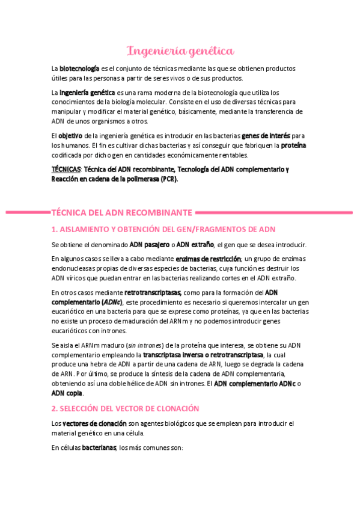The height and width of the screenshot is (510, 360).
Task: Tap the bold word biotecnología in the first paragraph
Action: [79, 69]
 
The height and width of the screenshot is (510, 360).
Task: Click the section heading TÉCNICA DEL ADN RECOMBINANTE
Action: [122, 212]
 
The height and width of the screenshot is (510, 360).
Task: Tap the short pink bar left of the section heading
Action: [27, 212]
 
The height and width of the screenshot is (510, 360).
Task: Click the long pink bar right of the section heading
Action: [274, 212]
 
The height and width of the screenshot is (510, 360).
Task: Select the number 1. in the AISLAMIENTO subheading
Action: [54, 229]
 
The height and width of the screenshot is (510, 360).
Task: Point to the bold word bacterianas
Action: [100, 447]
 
